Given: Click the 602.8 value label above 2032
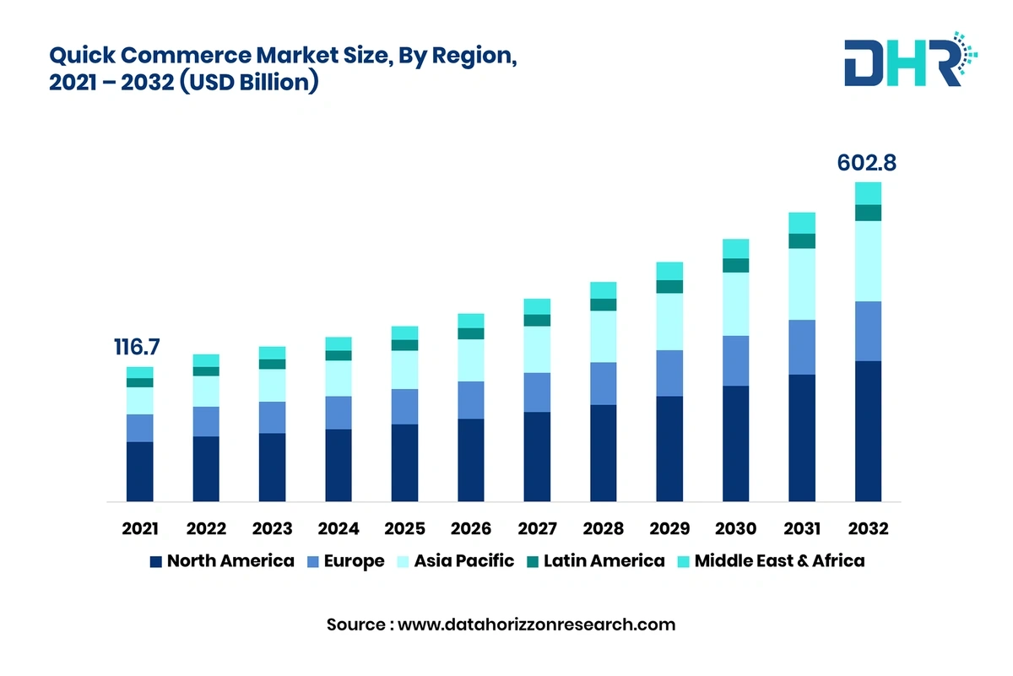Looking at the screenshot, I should click(x=866, y=164).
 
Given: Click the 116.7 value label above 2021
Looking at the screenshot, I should click(x=137, y=347).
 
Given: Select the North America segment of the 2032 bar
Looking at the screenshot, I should click(x=868, y=431).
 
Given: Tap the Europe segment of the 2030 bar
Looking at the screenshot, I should click(x=735, y=360).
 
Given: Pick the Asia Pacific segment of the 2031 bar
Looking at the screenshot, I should click(x=802, y=284).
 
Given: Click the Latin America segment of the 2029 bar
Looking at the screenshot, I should click(x=669, y=286).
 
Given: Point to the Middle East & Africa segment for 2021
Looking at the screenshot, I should click(x=140, y=372).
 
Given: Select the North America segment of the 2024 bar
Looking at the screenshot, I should click(x=339, y=465).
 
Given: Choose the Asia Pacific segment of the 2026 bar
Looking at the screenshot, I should click(x=471, y=360).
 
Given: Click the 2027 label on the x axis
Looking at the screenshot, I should click(x=537, y=529).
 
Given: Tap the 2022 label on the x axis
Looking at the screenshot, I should click(x=206, y=529).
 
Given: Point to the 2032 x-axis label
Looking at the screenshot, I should click(x=868, y=529).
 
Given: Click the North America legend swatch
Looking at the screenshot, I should click(x=155, y=561).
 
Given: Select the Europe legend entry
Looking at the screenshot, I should click(x=347, y=561).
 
